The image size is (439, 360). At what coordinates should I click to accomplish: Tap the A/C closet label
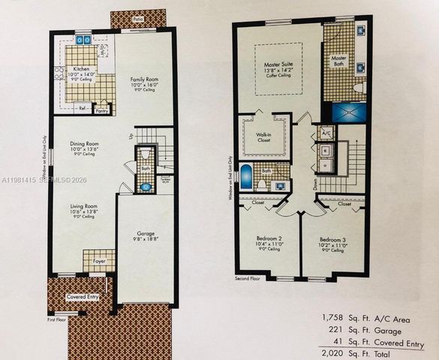click(x=326, y=133)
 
